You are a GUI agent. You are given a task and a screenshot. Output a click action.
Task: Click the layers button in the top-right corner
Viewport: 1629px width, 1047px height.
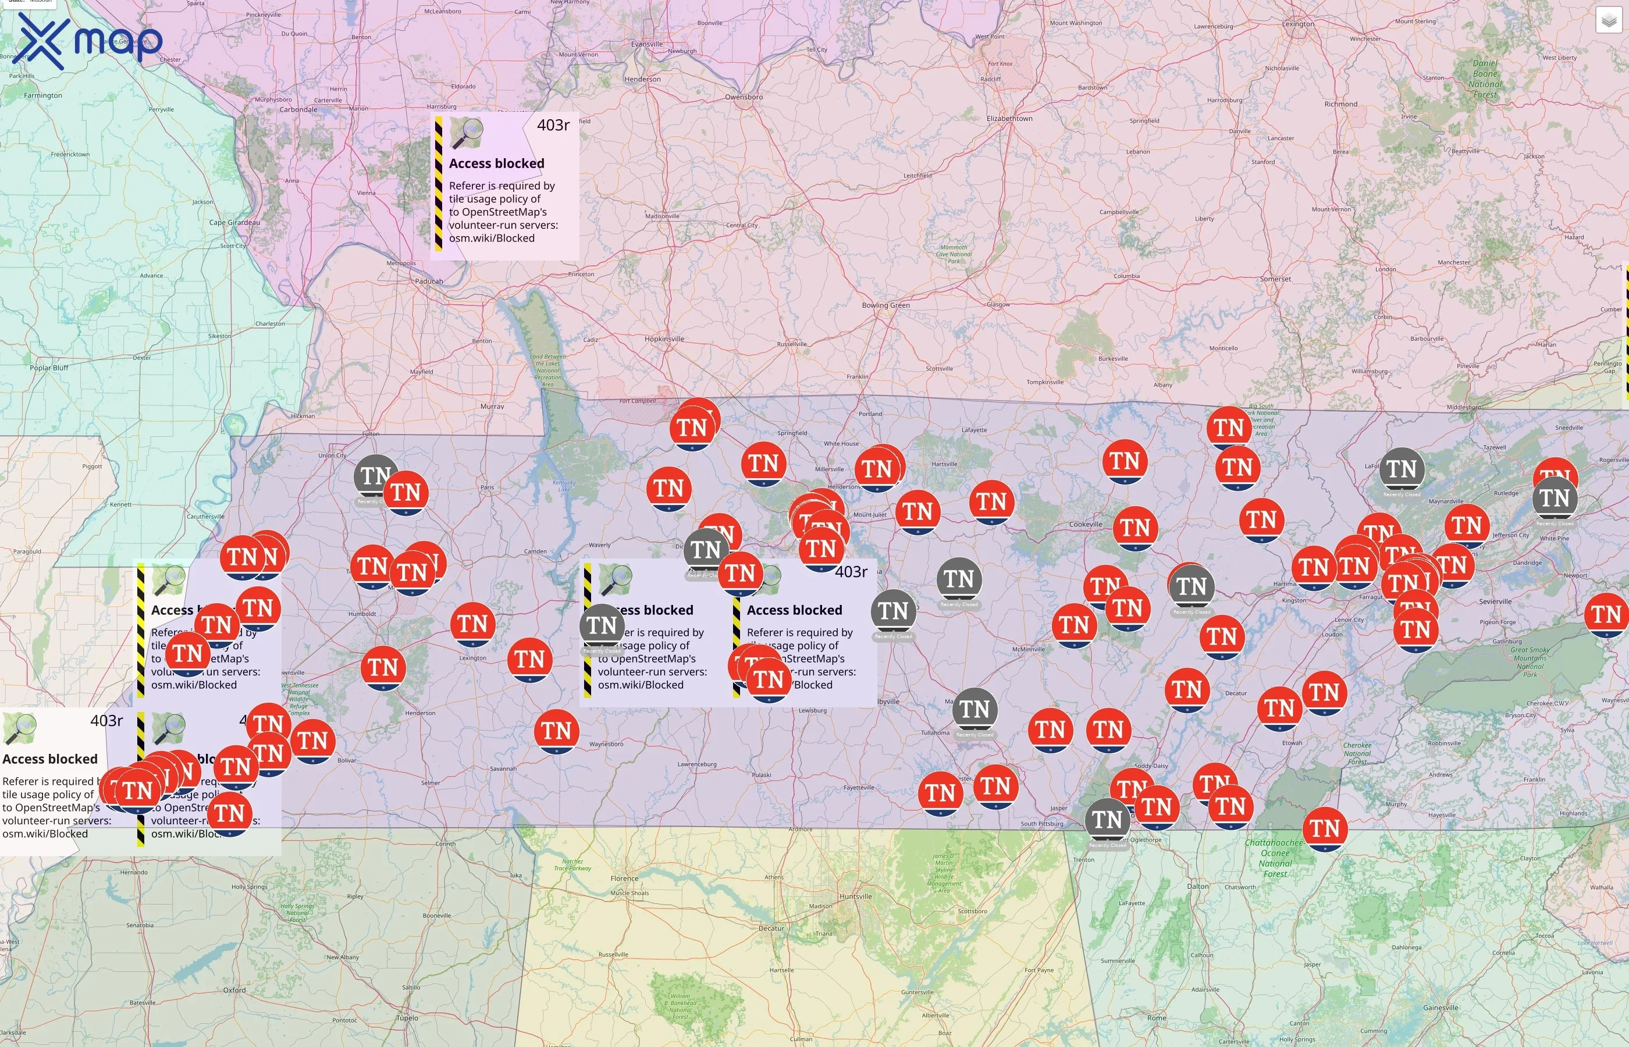1609,20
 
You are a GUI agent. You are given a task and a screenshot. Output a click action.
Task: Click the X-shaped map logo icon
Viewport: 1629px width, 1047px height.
41,41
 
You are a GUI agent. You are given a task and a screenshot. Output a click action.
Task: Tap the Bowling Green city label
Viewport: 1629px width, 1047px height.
885,305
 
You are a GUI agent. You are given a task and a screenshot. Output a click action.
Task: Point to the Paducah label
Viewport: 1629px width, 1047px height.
428,281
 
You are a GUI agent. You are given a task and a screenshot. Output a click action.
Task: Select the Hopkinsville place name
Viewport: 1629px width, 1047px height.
664,339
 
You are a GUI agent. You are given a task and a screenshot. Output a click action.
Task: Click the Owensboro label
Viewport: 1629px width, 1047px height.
743,97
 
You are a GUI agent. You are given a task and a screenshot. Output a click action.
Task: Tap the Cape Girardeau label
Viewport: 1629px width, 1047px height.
234,222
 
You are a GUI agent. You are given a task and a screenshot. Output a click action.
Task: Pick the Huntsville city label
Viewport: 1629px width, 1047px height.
855,896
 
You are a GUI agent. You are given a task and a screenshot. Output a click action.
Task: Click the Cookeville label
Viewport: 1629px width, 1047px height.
1085,524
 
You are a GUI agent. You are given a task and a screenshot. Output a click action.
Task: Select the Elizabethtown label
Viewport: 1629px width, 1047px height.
1009,118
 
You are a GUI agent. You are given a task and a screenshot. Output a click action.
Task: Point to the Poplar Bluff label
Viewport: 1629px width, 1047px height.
49,368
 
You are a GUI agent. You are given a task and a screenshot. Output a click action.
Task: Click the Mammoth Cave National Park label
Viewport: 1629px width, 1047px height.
954,254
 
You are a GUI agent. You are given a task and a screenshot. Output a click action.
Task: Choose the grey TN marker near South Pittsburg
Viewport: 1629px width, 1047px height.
1107,820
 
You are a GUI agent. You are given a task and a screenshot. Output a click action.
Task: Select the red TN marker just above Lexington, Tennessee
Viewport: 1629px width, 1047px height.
472,624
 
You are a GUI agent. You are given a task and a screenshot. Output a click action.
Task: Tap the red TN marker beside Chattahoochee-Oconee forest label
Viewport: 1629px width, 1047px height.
1324,828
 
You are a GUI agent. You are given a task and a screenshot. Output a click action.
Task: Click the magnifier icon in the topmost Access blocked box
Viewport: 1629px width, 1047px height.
467,133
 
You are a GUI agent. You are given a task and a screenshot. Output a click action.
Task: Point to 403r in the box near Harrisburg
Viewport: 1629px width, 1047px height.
553,125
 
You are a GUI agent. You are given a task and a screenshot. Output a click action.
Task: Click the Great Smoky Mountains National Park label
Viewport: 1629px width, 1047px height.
1530,661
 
